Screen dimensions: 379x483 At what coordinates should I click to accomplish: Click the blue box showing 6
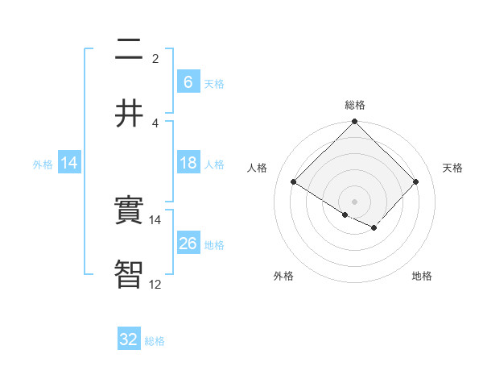[x=188, y=81]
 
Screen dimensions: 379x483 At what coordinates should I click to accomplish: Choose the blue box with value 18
[x=188, y=163]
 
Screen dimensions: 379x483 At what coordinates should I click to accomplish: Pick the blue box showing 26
[x=188, y=243]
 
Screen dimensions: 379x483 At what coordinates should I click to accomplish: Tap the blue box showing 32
[x=129, y=339]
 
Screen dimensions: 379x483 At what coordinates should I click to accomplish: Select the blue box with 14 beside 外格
[x=69, y=163]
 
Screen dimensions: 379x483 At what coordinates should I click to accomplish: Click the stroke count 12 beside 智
[x=155, y=284]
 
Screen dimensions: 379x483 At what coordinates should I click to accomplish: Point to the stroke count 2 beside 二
[x=155, y=58]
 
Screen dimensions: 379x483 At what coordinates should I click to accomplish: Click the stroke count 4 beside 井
[x=155, y=123]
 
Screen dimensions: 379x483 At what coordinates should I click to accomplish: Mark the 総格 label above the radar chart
[x=354, y=105]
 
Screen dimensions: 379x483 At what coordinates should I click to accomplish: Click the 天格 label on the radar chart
[x=452, y=168]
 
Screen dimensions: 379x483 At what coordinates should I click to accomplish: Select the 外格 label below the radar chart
[x=283, y=276]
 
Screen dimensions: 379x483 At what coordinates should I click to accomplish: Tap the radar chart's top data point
[x=354, y=123]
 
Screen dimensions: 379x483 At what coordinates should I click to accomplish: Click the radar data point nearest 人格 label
[x=294, y=182]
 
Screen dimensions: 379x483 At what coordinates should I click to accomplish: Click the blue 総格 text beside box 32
[x=155, y=341]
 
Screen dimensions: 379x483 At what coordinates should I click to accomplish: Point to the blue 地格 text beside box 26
[x=214, y=244]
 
